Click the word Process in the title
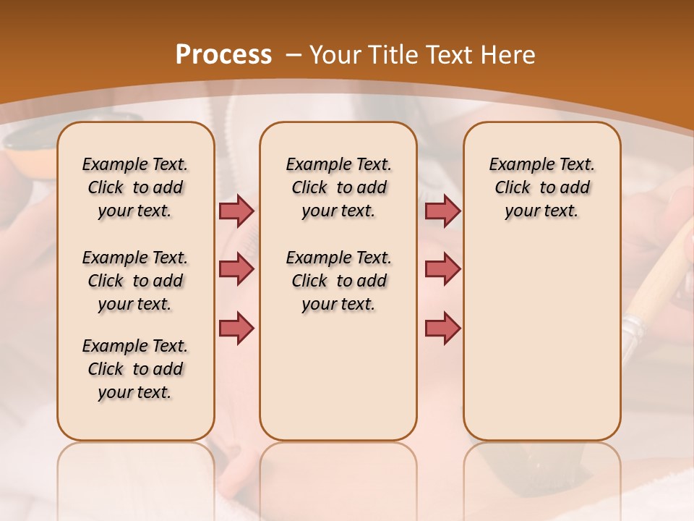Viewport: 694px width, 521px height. [223, 55]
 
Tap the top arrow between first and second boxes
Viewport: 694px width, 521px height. [236, 211]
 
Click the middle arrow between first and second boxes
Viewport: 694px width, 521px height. [236, 269]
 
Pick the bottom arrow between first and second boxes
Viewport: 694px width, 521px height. [236, 328]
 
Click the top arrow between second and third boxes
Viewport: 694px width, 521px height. [442, 211]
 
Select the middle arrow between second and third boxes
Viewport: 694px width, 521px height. [442, 269]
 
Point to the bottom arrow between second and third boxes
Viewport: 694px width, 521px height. [442, 328]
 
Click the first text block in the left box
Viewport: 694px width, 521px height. [135, 187]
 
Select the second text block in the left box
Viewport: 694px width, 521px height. [135, 281]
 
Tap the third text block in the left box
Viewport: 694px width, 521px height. [135, 369]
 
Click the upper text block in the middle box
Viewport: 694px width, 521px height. [338, 187]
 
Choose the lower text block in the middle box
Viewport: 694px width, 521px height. [338, 281]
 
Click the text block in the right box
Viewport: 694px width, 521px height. [541, 187]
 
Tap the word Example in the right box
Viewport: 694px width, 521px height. [515, 165]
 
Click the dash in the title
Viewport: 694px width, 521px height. [294, 55]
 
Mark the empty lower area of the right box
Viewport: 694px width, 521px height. [541, 340]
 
